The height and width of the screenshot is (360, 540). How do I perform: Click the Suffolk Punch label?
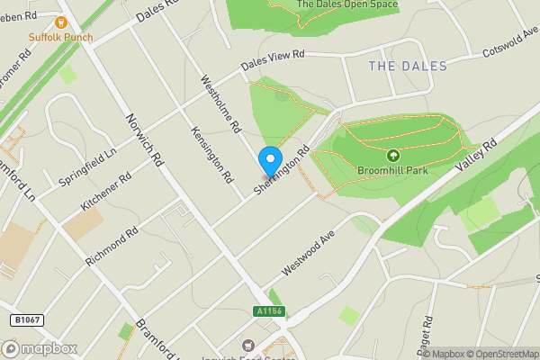62,37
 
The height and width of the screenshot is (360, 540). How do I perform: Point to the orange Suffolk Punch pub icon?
62,22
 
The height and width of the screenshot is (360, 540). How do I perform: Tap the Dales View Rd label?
273,61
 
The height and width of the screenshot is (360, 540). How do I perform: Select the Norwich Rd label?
142,139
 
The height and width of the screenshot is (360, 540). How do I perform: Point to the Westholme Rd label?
220,103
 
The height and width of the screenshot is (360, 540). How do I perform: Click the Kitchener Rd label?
106,190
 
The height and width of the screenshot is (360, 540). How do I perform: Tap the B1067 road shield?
27,319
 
